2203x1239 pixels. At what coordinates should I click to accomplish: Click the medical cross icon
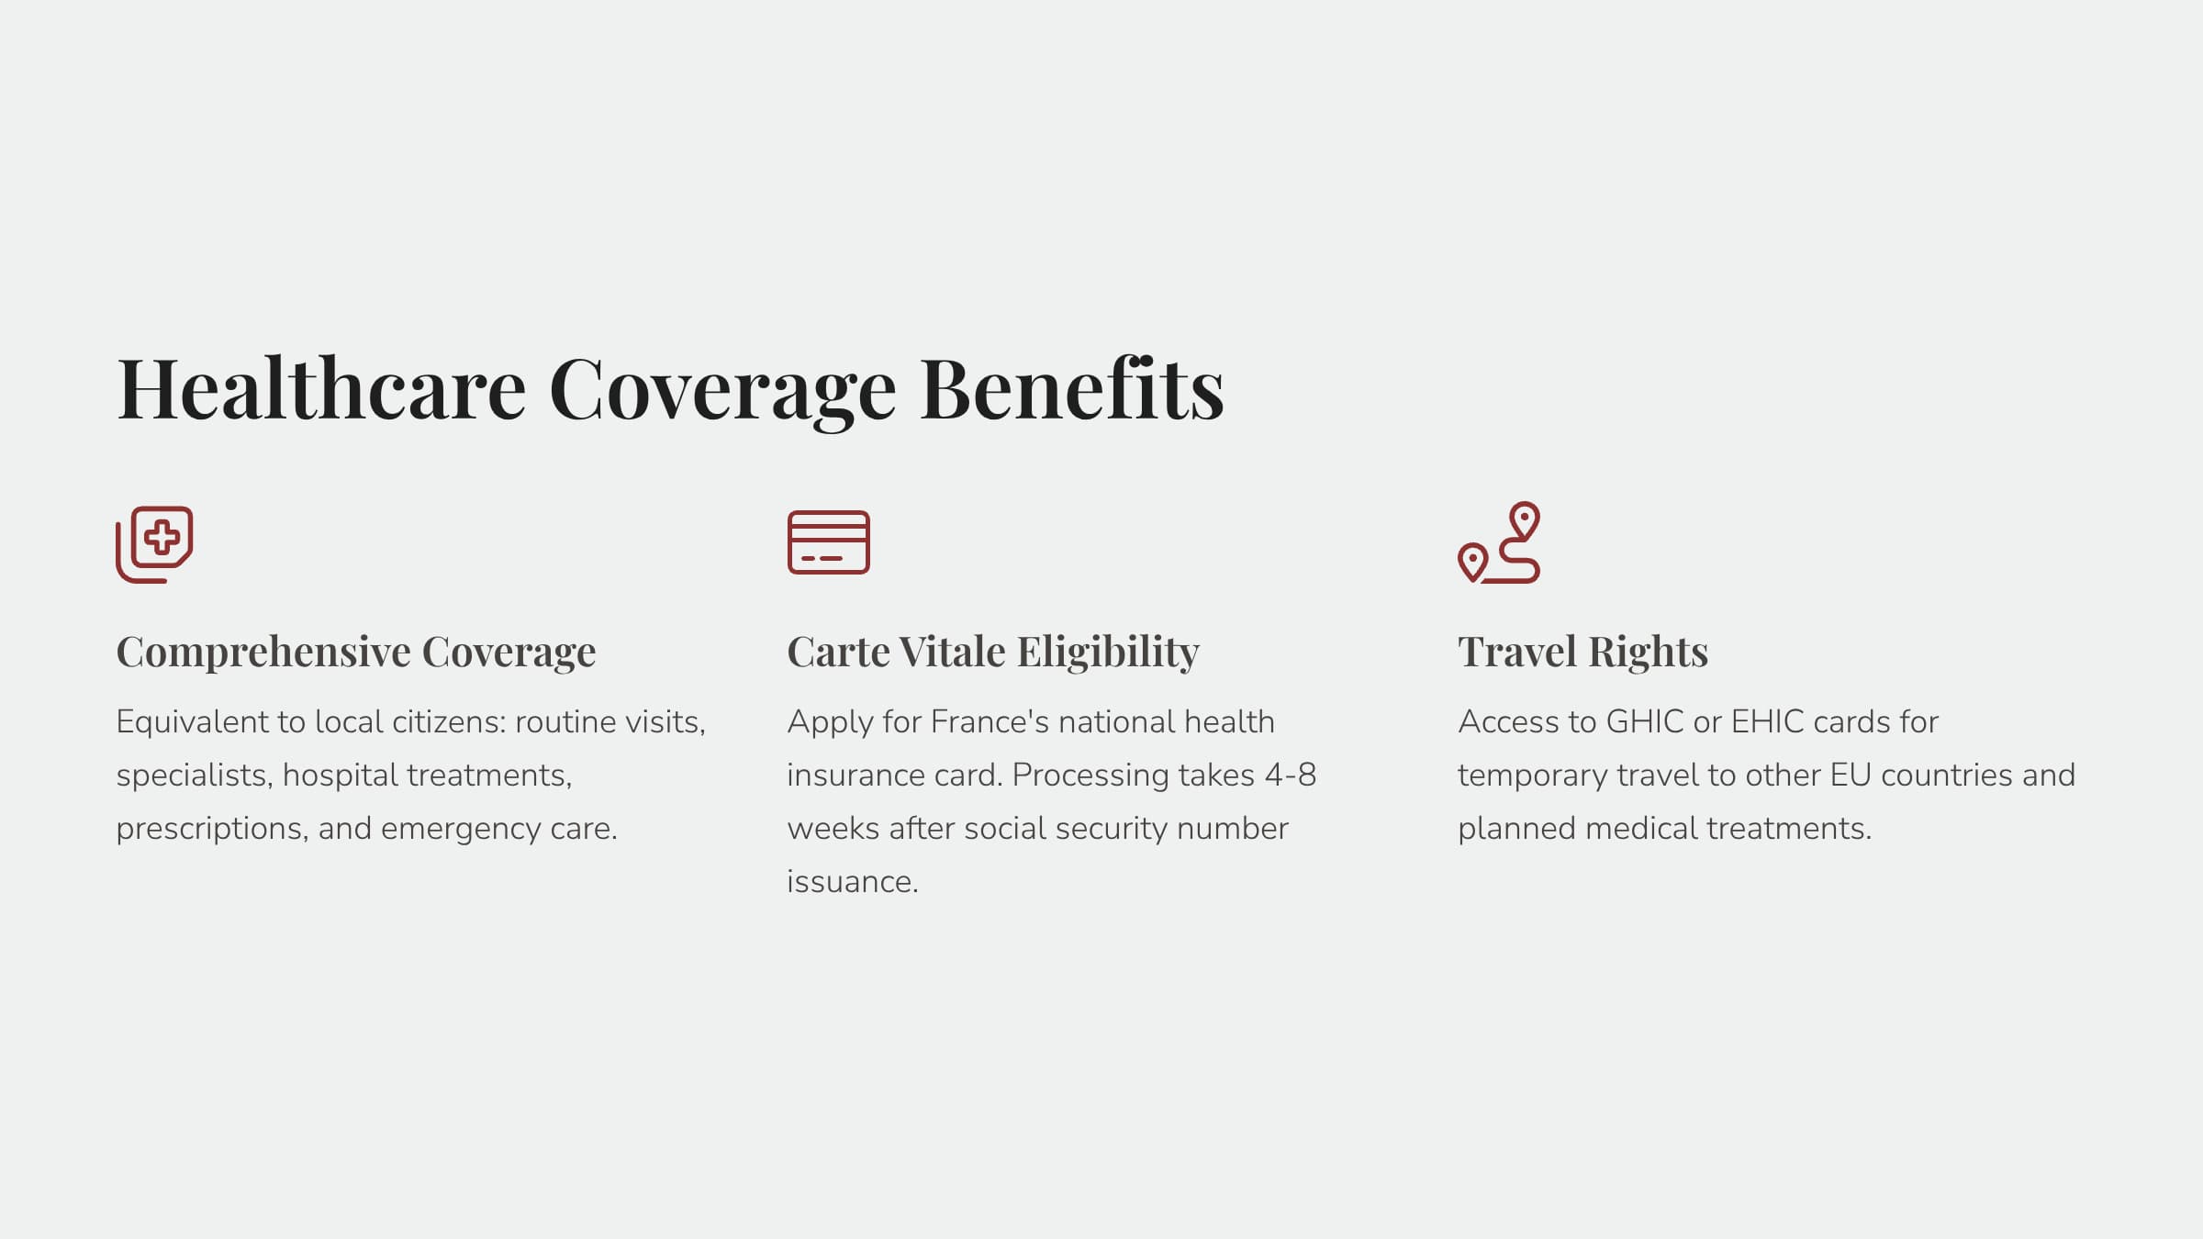pos(154,543)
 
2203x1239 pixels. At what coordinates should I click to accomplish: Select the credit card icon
pos(828,542)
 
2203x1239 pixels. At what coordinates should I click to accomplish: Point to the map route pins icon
pos(1499,542)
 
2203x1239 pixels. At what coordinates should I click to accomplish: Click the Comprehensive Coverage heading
pos(355,652)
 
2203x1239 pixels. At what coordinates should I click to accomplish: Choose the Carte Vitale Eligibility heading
pos(993,652)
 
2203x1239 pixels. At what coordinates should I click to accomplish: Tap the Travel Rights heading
pos(1582,652)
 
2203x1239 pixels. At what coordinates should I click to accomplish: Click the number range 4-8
pos(1291,776)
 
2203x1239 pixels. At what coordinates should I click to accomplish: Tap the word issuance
pos(853,882)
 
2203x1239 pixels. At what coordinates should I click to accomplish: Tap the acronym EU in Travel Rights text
pos(1851,776)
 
